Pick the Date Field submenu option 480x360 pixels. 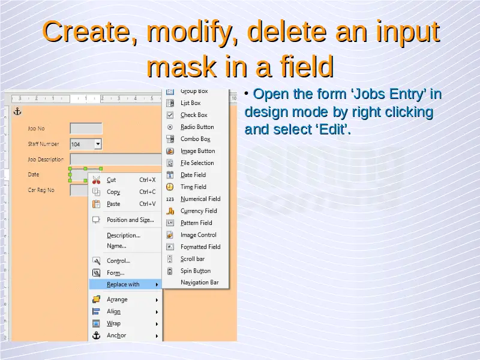tap(193, 175)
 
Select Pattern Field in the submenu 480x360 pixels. tap(196, 223)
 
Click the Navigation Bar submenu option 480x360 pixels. tap(200, 283)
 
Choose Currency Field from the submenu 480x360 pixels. tap(199, 211)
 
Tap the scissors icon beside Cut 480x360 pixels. tap(96, 180)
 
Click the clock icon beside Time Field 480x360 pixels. tap(170, 187)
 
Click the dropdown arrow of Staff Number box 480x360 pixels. tap(98, 143)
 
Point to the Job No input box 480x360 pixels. tap(86, 128)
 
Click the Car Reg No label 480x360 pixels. tap(41, 190)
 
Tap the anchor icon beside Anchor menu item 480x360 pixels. tap(96, 335)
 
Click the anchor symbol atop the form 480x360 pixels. tap(17, 112)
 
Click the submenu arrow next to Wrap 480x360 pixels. tap(157, 324)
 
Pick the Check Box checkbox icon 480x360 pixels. tap(170, 115)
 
